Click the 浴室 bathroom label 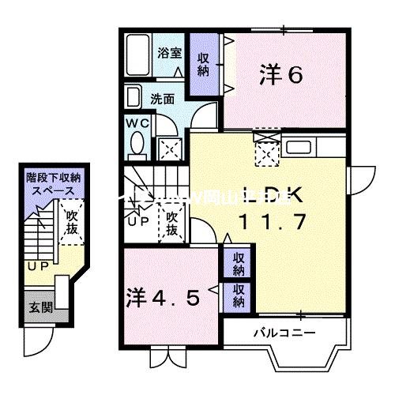[x=168, y=54]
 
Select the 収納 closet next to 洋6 [x=202, y=60]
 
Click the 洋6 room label [x=282, y=76]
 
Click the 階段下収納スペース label [x=51, y=185]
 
